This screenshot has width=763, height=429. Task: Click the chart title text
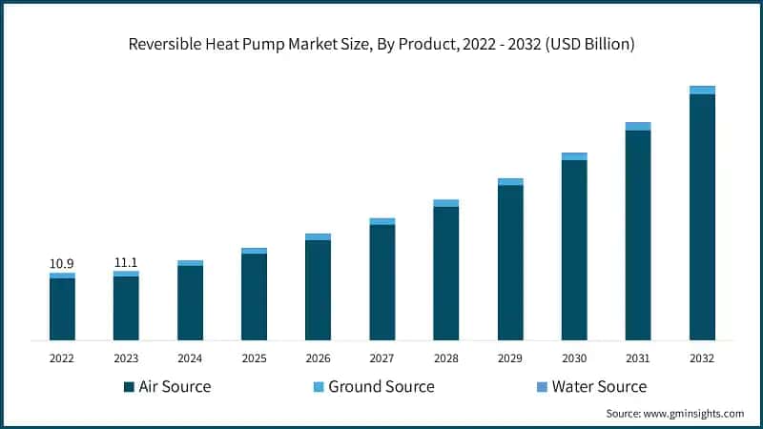pyautogui.click(x=381, y=45)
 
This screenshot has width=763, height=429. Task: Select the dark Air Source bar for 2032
pyautogui.click(x=702, y=216)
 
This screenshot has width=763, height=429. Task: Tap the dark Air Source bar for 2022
pyautogui.click(x=62, y=309)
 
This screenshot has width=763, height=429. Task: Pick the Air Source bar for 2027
pyautogui.click(x=381, y=282)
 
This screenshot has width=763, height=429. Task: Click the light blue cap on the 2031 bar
pyautogui.click(x=638, y=126)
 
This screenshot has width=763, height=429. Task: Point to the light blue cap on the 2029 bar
pyautogui.click(x=510, y=181)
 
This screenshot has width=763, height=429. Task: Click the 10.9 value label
pyautogui.click(x=62, y=263)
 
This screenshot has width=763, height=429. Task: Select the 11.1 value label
pyautogui.click(x=126, y=261)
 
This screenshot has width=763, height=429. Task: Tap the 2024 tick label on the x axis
pyautogui.click(x=190, y=358)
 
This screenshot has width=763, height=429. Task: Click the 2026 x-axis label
pyautogui.click(x=318, y=358)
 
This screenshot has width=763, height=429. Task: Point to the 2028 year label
pyautogui.click(x=445, y=358)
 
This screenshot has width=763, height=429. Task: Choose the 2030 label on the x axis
pyautogui.click(x=574, y=358)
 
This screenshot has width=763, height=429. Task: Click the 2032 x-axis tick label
pyautogui.click(x=702, y=358)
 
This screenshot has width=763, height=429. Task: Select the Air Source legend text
pyautogui.click(x=175, y=386)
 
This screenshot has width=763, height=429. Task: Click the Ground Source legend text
pyautogui.click(x=381, y=386)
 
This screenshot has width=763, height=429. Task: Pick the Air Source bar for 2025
pyautogui.click(x=254, y=296)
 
